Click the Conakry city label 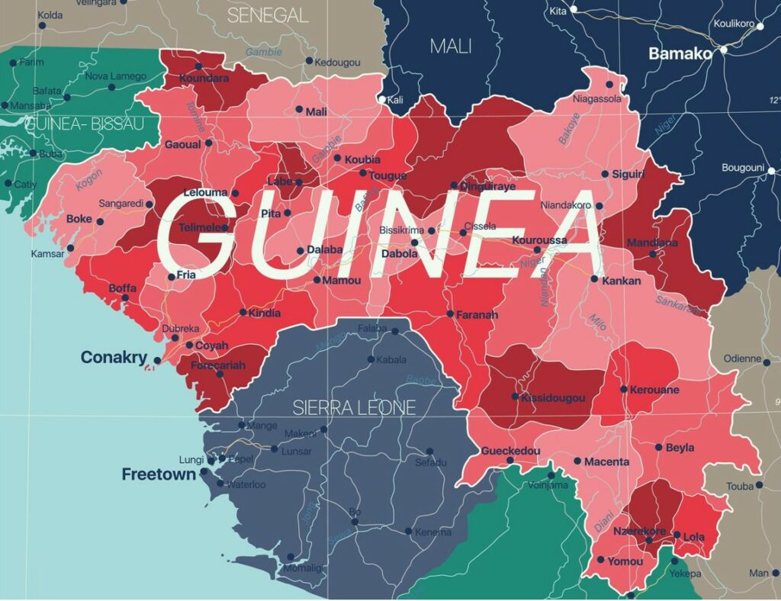pos(114,357)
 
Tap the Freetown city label pos(159,474)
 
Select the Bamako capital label pos(680,53)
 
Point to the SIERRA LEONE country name pos(355,407)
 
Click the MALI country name pos(451,46)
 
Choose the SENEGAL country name pos(268,15)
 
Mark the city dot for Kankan pos(594,279)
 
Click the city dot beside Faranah pos(450,313)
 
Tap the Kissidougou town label pos(553,397)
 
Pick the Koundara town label pos(204,78)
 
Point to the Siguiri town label pos(628,175)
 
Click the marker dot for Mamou pos(317,280)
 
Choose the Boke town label pos(79,218)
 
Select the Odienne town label pos(742,358)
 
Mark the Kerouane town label pos(654,390)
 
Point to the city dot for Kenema pos(408,532)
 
